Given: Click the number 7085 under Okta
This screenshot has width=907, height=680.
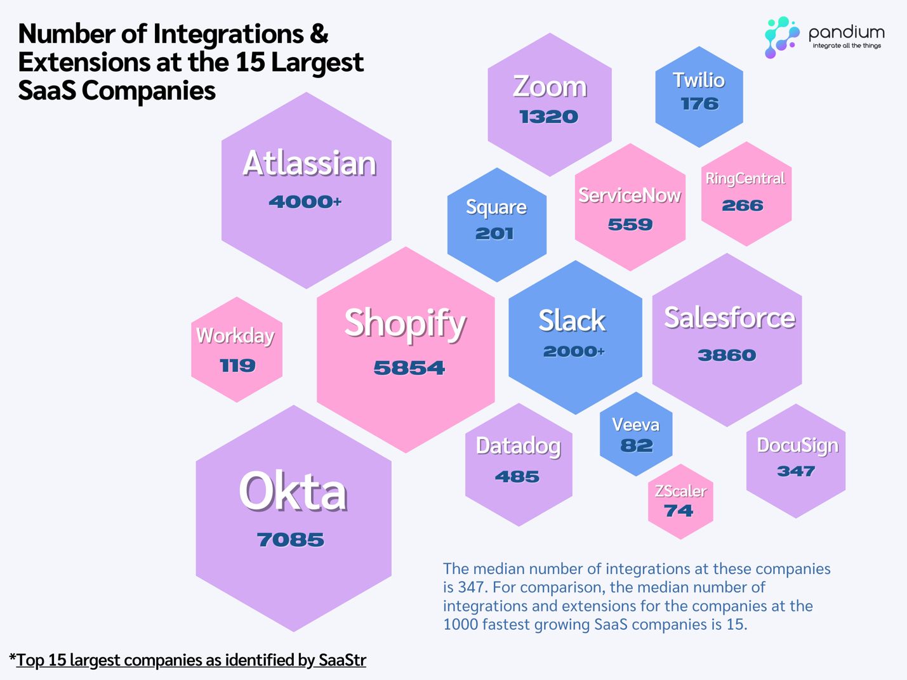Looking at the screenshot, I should tap(291, 540).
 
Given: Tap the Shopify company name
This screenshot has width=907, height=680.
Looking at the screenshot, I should tap(405, 324).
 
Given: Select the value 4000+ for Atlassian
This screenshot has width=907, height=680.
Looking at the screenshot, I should tap(305, 202).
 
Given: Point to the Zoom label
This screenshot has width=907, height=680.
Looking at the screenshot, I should tap(550, 87).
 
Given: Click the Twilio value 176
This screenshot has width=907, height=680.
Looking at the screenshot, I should tap(699, 104).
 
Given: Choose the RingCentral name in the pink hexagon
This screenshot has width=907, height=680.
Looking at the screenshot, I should tap(745, 179).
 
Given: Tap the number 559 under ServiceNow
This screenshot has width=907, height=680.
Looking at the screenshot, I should tap(630, 225).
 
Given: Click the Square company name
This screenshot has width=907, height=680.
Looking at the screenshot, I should tap(496, 207).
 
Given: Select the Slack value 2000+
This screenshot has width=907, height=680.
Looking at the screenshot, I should tap(574, 351).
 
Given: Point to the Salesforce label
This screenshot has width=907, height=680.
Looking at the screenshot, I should tap(729, 318).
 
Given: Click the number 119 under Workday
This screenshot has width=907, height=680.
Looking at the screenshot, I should tap(237, 366).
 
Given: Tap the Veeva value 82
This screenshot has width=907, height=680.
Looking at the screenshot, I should tap(637, 446).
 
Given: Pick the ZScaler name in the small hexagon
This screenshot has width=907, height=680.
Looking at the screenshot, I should tap(680, 491).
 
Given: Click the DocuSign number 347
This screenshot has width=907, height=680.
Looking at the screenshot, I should tap(796, 471).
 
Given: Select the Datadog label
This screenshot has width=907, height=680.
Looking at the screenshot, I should tap(519, 446).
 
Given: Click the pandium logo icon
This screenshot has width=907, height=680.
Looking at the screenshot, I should tap(781, 37).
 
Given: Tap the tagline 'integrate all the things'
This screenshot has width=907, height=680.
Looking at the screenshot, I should tap(847, 46).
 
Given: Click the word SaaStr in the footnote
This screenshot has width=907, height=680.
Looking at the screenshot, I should tap(342, 660).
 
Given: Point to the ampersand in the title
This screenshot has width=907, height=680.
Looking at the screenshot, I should tap(319, 34).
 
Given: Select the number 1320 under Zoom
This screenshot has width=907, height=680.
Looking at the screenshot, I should tap(549, 117).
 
